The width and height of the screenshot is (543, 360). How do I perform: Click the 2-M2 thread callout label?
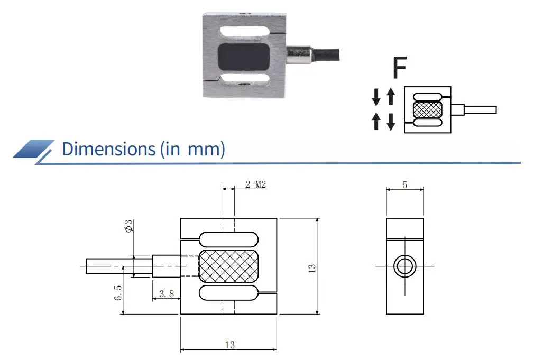(x=255, y=184)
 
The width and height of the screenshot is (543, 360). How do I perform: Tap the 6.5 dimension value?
(x=118, y=293)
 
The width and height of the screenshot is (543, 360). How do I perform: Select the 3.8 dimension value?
(x=167, y=293)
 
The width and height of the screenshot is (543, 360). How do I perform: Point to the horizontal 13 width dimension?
(x=229, y=345)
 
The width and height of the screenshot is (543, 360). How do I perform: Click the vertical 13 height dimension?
(x=312, y=267)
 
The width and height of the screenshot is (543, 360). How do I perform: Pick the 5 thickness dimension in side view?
(x=404, y=185)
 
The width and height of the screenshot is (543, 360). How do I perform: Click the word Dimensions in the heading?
(x=109, y=149)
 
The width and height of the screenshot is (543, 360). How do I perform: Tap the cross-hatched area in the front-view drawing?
(x=229, y=266)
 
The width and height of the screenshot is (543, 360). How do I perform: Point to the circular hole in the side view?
(x=404, y=266)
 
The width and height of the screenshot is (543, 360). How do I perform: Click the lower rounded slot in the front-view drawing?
(x=229, y=292)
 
